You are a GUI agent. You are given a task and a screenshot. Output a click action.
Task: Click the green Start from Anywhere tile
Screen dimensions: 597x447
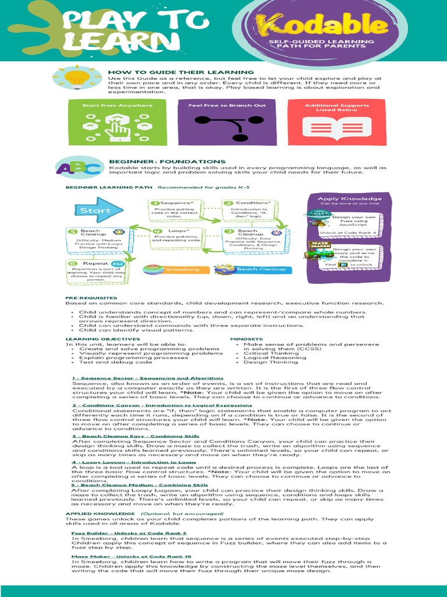[117, 122]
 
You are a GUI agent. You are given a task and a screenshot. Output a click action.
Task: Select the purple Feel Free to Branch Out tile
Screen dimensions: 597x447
[227, 122]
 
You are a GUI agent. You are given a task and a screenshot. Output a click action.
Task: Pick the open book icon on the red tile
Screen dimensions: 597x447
[336, 128]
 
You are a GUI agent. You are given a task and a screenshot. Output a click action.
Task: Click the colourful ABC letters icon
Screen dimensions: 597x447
[72, 168]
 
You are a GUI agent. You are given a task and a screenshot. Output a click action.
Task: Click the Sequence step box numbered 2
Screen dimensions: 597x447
[176, 210]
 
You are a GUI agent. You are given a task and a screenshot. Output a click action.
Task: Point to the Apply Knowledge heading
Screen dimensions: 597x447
[349, 199]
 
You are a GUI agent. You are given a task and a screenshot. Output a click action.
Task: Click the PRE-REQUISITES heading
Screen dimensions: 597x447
[91, 298]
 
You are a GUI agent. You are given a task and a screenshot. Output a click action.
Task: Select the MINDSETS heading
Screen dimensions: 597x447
[246, 339]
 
